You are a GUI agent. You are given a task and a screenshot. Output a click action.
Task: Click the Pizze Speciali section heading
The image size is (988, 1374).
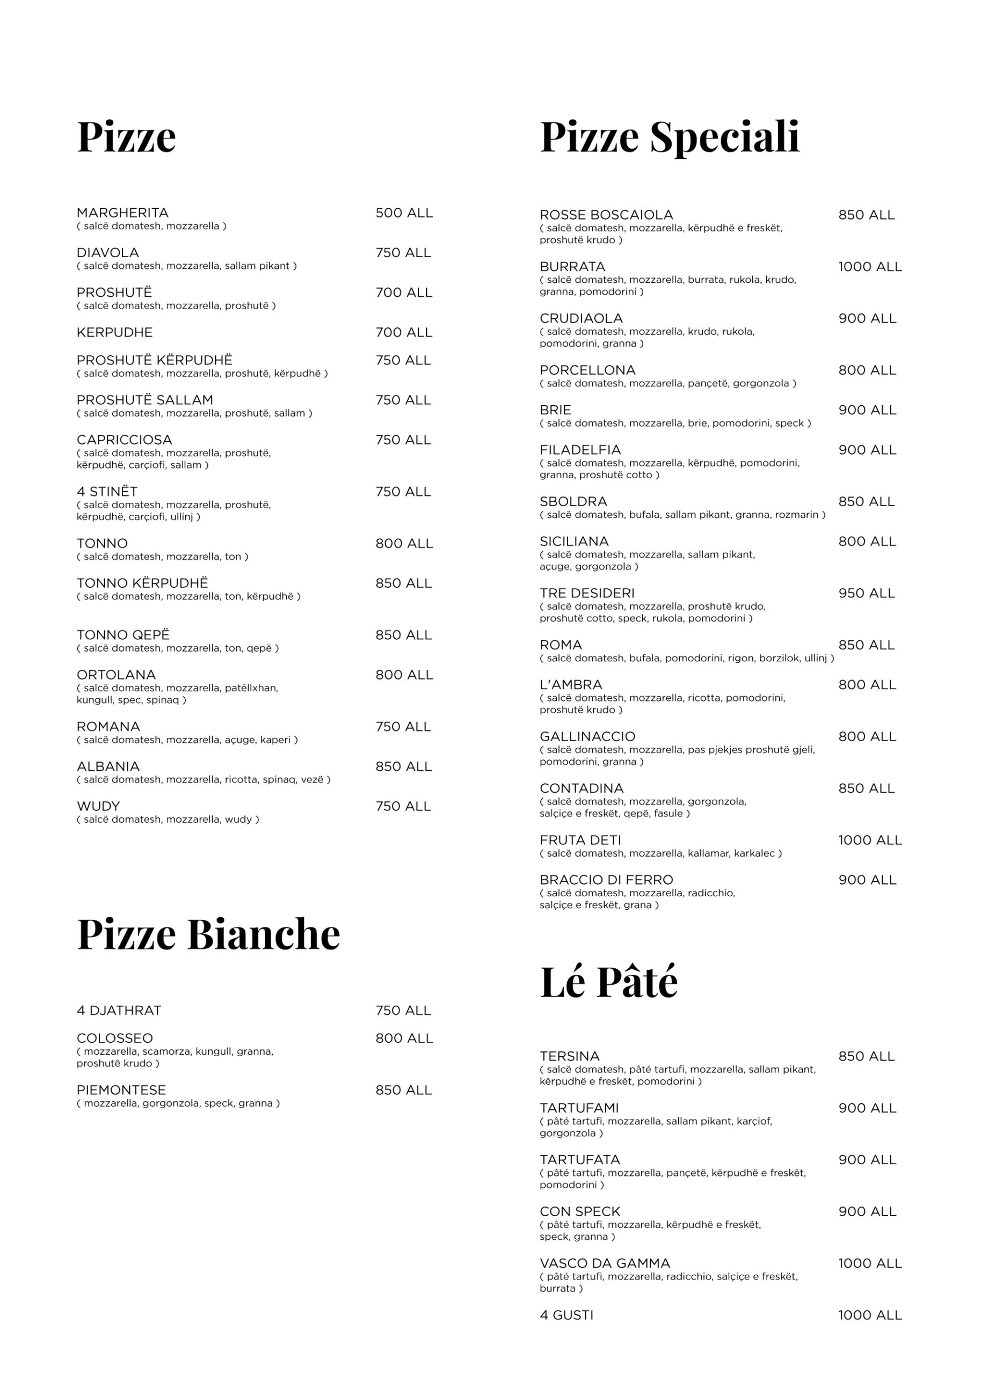click(x=669, y=137)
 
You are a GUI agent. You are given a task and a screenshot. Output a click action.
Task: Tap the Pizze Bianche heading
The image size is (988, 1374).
click(x=208, y=934)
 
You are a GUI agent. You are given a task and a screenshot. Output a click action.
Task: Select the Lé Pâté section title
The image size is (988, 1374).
click(x=608, y=983)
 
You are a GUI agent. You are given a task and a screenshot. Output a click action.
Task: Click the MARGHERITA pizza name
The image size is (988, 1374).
click(x=122, y=213)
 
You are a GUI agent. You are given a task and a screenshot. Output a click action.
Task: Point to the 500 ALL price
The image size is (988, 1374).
click(x=404, y=213)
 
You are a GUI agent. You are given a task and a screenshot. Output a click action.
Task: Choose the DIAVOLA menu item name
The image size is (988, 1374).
click(x=108, y=253)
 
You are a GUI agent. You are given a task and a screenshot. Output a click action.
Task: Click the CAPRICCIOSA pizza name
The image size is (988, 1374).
click(x=124, y=440)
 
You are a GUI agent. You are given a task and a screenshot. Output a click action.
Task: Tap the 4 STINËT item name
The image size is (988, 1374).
click(x=107, y=491)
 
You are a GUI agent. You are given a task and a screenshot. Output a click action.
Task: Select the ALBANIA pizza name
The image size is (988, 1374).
click(x=108, y=766)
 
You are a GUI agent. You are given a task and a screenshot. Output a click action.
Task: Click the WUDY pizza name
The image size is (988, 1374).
click(x=98, y=806)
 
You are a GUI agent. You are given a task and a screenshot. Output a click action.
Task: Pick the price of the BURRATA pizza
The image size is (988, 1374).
click(x=870, y=267)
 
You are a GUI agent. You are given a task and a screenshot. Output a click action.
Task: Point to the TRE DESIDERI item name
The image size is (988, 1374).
click(x=587, y=593)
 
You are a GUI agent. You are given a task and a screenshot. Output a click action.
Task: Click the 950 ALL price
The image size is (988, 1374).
click(x=866, y=593)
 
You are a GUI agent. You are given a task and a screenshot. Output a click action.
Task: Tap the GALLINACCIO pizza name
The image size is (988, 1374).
click(x=587, y=737)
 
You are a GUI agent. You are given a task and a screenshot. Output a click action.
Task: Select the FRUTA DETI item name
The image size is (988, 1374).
click(x=580, y=841)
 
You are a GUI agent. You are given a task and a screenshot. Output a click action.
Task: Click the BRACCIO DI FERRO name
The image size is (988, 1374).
click(x=606, y=880)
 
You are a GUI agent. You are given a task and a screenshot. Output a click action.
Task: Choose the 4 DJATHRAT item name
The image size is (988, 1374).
click(x=119, y=1011)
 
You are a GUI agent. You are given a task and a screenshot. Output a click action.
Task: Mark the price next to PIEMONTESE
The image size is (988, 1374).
click(x=403, y=1090)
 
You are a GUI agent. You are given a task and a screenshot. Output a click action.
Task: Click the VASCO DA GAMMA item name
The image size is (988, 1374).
click(x=604, y=1263)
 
